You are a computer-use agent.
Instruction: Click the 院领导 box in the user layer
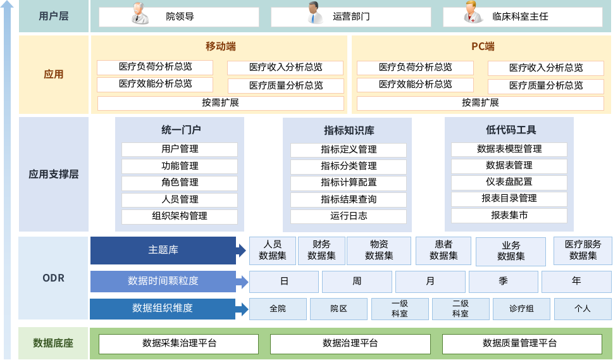point(179,17)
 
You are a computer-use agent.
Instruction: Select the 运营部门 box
point(351,17)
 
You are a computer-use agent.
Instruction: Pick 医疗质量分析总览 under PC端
point(545,85)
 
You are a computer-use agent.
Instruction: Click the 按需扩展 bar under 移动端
point(220,102)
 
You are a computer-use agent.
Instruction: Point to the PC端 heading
point(483,47)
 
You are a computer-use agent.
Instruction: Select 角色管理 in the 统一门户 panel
point(180,183)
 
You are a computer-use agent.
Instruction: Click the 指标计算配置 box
point(349,183)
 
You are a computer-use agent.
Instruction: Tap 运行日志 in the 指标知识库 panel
point(349,216)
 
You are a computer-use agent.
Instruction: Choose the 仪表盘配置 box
point(509,182)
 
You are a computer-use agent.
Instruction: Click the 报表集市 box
point(509,216)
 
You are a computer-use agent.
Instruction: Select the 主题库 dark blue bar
point(163,251)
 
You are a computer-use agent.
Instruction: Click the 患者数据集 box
point(443,251)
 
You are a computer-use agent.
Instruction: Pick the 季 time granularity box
point(504,281)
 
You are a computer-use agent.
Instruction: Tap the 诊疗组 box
point(521,309)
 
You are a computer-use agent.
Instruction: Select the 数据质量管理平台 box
point(522,344)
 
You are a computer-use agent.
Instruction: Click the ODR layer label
point(54,278)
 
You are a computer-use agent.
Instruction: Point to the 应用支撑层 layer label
point(54,174)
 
